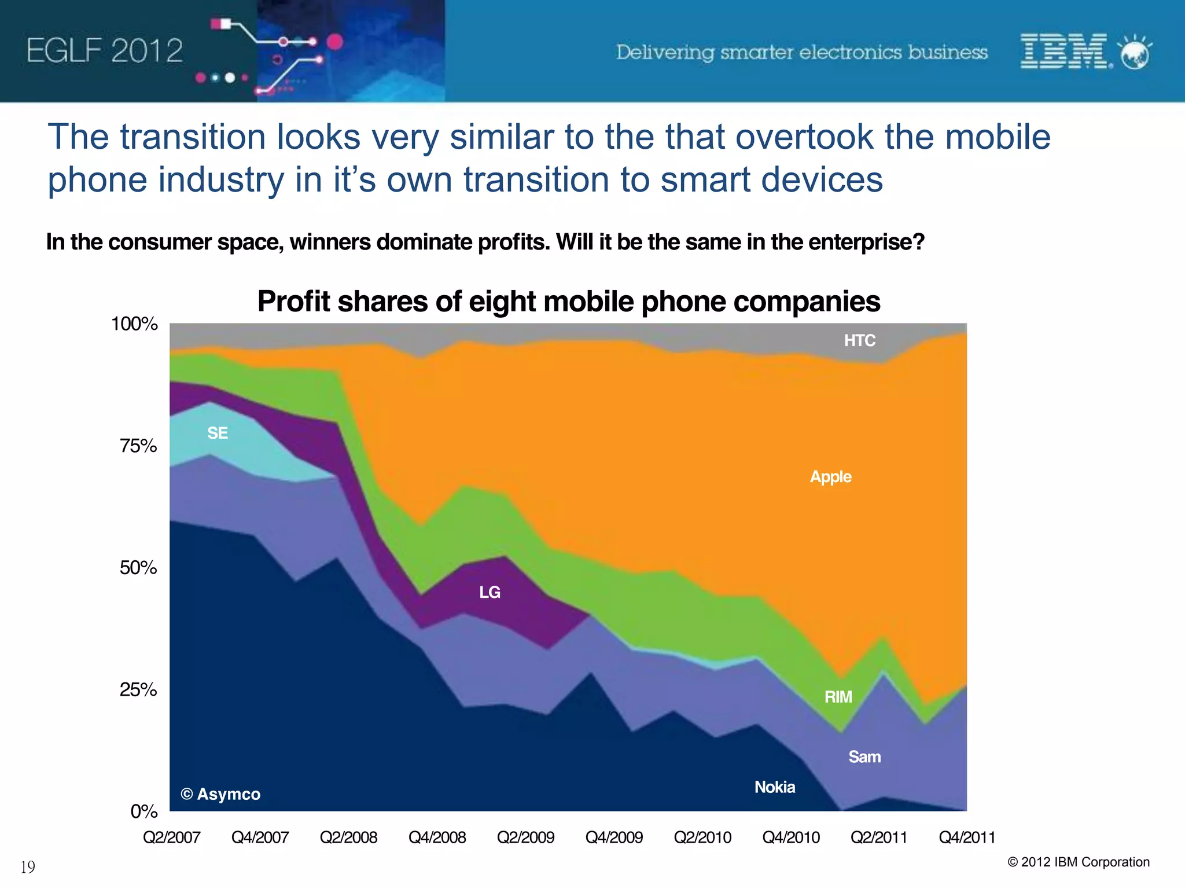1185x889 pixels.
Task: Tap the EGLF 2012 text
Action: click(105, 51)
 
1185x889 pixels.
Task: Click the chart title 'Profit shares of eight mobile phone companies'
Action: click(568, 302)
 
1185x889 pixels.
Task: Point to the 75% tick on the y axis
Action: click(138, 446)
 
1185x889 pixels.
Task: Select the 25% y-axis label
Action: click(138, 689)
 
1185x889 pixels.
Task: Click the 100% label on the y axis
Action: click(134, 324)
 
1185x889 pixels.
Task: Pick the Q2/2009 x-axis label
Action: click(525, 837)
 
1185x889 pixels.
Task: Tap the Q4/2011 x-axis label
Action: click(967, 837)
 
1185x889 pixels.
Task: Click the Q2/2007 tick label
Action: click(171, 837)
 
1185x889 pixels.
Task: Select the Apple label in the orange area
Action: click(830, 477)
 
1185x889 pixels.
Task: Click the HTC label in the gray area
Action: click(859, 340)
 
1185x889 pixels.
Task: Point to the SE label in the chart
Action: click(218, 433)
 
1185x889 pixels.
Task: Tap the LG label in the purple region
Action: click(490, 592)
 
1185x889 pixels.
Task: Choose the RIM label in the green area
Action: click(838, 697)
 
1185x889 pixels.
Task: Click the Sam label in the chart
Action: click(864, 756)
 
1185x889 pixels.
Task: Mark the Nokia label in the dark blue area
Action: click(775, 787)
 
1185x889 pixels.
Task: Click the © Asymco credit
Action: click(220, 794)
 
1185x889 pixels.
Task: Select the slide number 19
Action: click(28, 867)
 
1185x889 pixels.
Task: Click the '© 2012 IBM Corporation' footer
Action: click(1079, 862)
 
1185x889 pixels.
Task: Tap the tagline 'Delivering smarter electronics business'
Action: click(801, 52)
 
